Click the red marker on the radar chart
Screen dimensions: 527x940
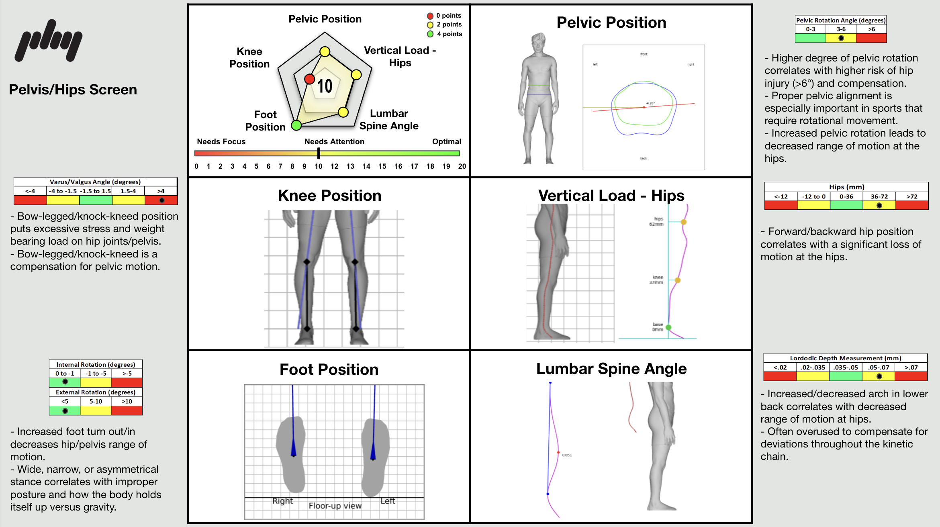tap(309, 79)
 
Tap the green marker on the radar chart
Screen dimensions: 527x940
tap(296, 125)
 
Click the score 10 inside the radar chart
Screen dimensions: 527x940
tap(325, 86)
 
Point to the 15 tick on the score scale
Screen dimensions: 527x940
tap(382, 166)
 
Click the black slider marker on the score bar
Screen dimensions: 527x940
tap(319, 153)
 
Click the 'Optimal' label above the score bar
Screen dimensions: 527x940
tap(446, 141)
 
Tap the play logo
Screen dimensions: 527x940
tap(49, 40)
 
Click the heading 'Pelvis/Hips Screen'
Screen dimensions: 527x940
tap(73, 90)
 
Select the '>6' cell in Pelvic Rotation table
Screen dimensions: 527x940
tap(871, 29)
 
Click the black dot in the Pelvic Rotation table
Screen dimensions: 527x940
tap(841, 38)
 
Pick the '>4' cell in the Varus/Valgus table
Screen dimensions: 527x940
tap(161, 191)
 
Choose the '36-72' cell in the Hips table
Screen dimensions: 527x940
tap(879, 196)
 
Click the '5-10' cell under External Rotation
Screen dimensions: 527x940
tap(96, 401)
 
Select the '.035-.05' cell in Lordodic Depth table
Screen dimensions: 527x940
tap(845, 367)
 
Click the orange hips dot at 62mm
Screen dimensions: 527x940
tap(684, 222)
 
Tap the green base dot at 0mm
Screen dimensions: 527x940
tap(668, 327)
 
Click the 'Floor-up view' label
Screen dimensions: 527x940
tap(335, 506)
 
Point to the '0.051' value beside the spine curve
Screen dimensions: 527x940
tap(567, 455)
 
